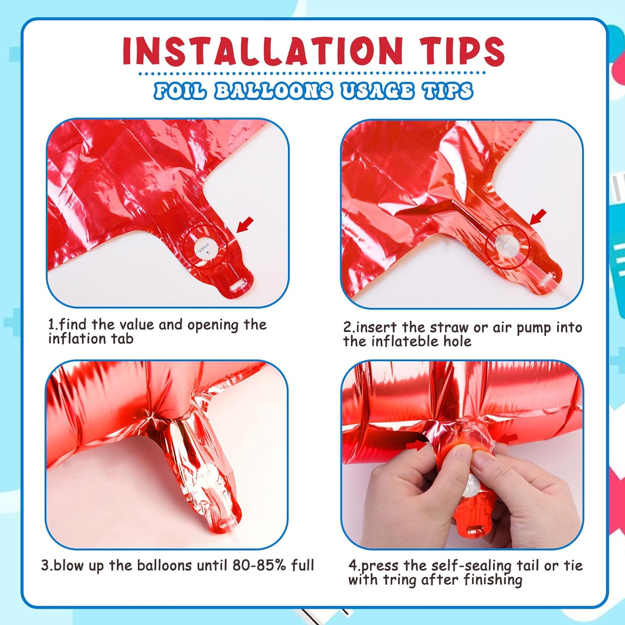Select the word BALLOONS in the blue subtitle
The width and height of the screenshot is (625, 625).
273,90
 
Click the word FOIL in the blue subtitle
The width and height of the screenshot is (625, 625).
180,90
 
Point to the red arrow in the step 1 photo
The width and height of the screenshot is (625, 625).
245,225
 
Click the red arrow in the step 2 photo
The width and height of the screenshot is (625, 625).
538,217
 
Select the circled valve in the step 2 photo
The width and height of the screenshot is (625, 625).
508,247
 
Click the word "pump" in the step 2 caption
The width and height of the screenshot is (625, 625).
535,328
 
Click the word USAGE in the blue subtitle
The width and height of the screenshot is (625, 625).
377,90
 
